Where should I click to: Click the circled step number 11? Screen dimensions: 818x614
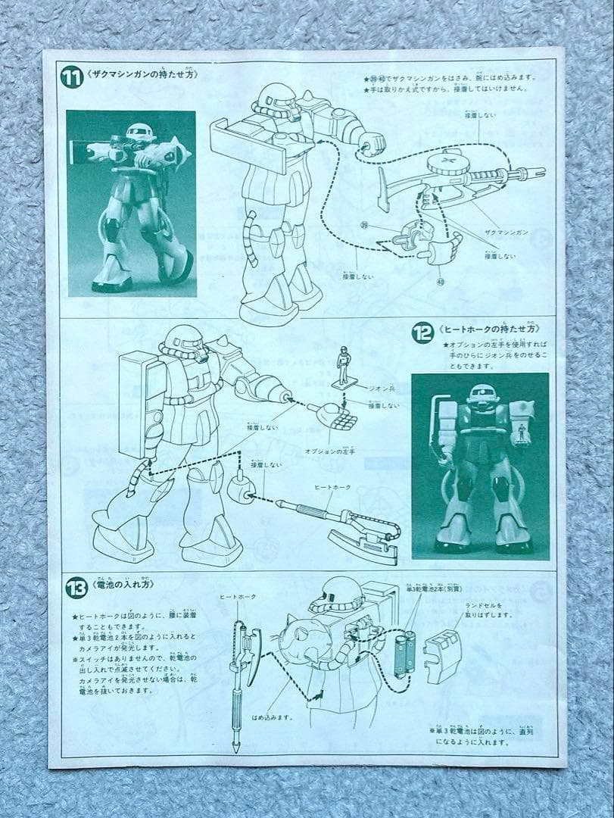click(73, 77)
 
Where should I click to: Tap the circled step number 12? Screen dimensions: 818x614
click(422, 332)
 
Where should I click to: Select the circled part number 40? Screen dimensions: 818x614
click(441, 281)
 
